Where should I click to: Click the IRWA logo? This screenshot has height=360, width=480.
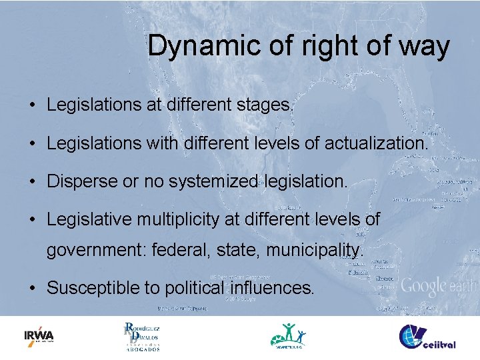(39, 336)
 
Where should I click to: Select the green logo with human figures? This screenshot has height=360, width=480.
(289, 336)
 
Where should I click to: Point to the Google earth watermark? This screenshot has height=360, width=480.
(438, 287)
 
